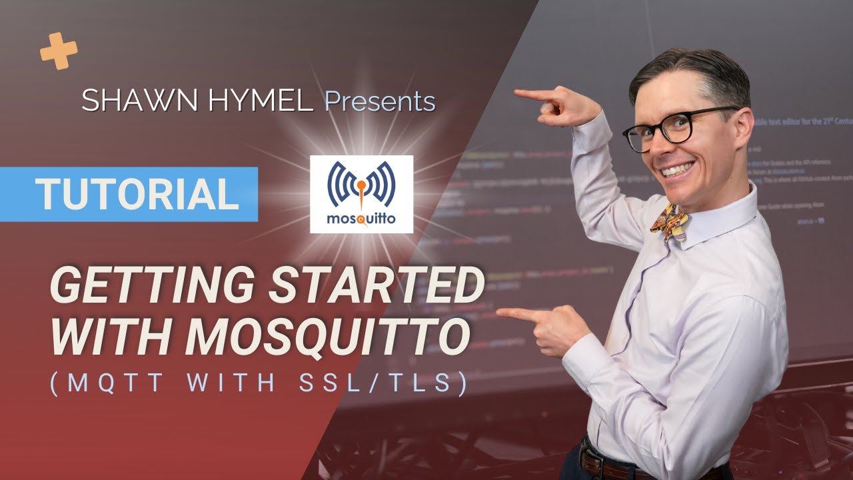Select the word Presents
coord(379,101)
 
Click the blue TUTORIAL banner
coord(137,194)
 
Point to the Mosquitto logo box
coord(361,194)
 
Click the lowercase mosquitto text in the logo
coord(361,219)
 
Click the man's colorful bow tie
coord(670,221)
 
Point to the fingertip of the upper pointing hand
coord(517,93)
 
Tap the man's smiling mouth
coord(678,168)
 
